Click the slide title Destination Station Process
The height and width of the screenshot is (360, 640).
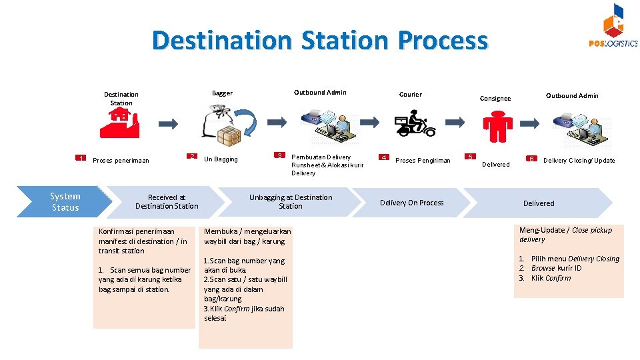pyautogui.click(x=320, y=41)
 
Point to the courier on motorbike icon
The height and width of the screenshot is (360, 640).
pyautogui.click(x=415, y=125)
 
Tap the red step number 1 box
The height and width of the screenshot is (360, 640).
pyautogui.click(x=81, y=159)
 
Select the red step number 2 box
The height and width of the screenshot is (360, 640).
pyautogui.click(x=191, y=157)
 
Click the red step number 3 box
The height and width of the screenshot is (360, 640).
pyautogui.click(x=280, y=155)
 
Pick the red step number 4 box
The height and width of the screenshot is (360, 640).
pyautogui.click(x=383, y=158)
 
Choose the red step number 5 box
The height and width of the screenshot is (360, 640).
pyautogui.click(x=470, y=157)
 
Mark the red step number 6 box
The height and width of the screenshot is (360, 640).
pyautogui.click(x=531, y=159)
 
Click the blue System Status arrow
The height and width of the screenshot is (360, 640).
pyautogui.click(x=65, y=202)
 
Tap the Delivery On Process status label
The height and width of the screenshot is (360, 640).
pyautogui.click(x=411, y=203)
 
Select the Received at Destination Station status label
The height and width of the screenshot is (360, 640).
pyautogui.click(x=167, y=202)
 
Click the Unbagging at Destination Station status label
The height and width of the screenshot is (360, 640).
pyautogui.click(x=291, y=202)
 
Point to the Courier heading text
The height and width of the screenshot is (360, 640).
pyautogui.click(x=410, y=94)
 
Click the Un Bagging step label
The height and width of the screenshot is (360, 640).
pyautogui.click(x=221, y=159)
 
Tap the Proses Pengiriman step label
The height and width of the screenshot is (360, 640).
pyautogui.click(x=423, y=160)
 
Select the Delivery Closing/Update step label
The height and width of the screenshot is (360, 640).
pyautogui.click(x=579, y=160)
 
